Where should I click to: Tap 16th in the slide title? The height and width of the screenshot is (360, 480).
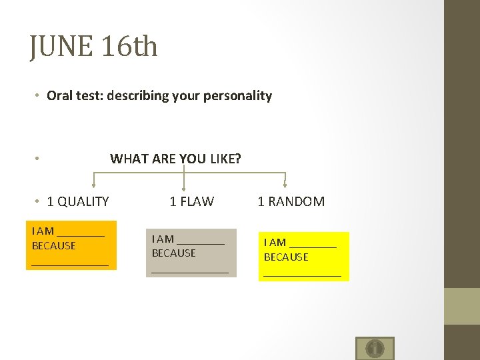[x=131, y=47]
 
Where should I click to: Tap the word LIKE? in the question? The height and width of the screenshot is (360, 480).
[x=225, y=159]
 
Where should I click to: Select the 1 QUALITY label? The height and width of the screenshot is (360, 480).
[x=77, y=201]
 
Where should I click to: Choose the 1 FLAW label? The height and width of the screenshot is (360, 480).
[x=191, y=201]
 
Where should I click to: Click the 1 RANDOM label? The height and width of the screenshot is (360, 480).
[x=291, y=201]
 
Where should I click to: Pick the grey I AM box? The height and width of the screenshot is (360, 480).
[x=191, y=253]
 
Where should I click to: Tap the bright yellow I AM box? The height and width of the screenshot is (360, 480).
[x=303, y=257]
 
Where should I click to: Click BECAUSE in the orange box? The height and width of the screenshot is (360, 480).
[x=54, y=246]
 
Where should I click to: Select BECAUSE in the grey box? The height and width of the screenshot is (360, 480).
[x=173, y=253]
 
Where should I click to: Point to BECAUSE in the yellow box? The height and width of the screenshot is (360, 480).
[x=286, y=257]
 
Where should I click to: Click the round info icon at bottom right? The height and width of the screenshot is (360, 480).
[x=375, y=348]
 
